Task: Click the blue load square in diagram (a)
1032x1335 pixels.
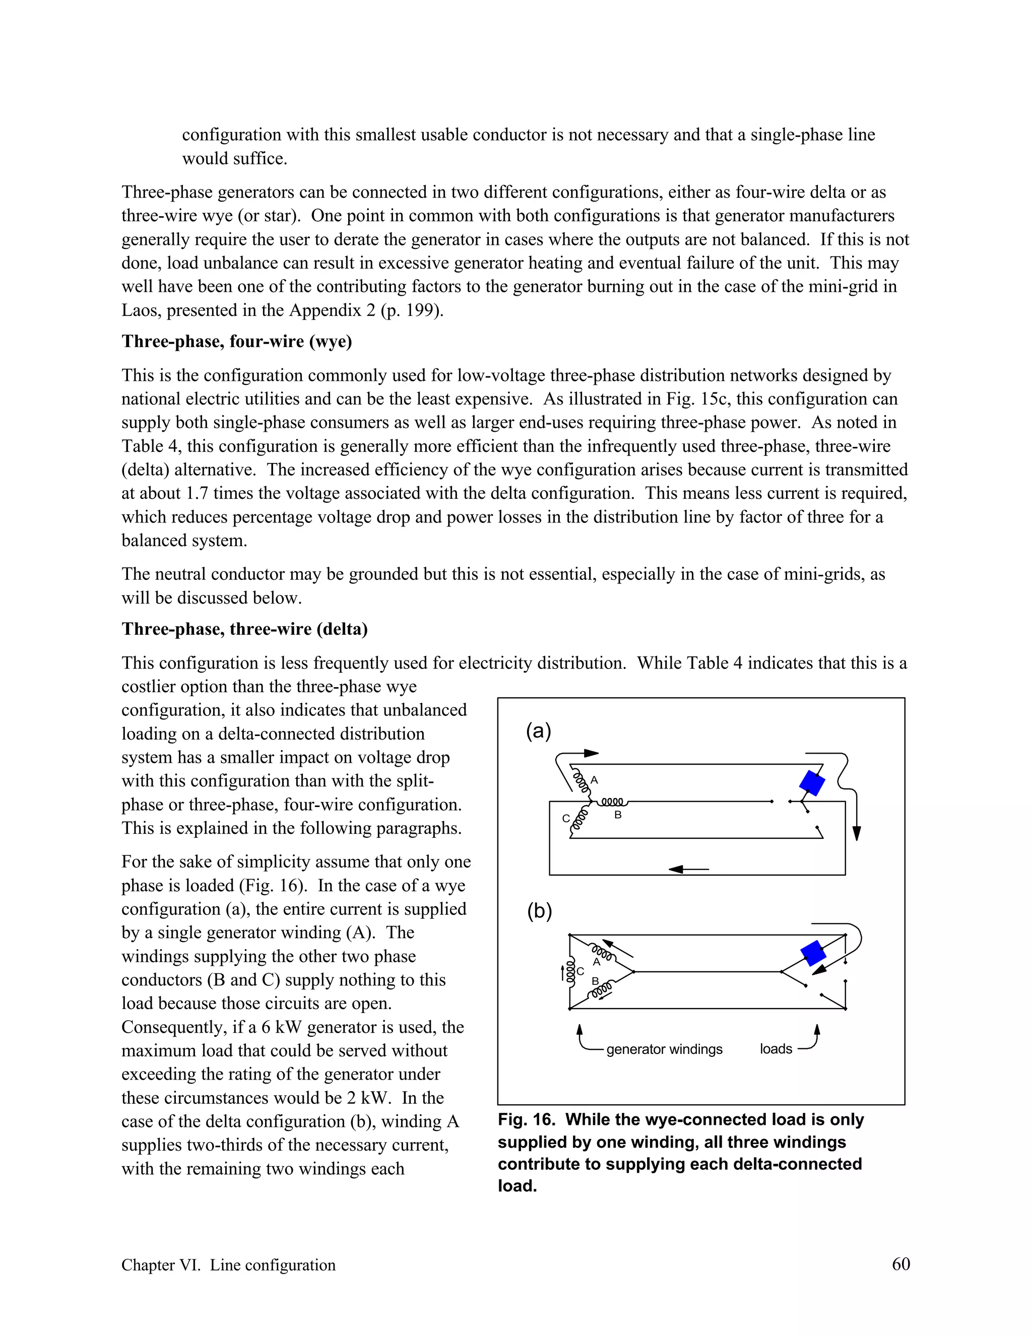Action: (812, 783)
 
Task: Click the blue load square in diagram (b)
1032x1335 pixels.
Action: (814, 953)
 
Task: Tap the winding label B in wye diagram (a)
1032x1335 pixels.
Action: (617, 815)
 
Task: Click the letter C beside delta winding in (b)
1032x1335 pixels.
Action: (580, 971)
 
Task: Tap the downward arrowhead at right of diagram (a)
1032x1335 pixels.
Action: (857, 833)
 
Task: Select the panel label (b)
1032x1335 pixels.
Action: (539, 911)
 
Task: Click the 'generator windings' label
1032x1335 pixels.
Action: (664, 1049)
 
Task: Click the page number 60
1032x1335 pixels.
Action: (900, 1264)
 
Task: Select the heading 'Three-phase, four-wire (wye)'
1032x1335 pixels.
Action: (237, 341)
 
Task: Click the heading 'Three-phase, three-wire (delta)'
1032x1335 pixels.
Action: (244, 629)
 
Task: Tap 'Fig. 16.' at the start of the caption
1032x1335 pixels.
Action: (526, 1119)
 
